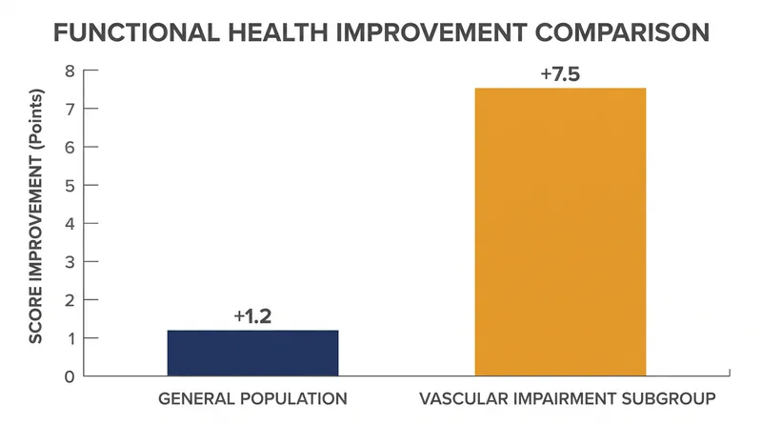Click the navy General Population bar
click(x=252, y=353)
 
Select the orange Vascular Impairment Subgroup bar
click(x=560, y=232)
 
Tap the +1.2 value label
click(x=252, y=316)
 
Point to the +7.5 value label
click(x=560, y=74)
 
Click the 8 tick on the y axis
click(x=70, y=71)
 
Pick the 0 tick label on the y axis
click(x=70, y=376)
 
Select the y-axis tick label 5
click(x=70, y=185)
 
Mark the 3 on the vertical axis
click(x=70, y=262)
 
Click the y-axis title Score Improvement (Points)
click(x=36, y=216)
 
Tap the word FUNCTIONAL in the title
click(x=136, y=32)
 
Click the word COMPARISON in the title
click(x=622, y=32)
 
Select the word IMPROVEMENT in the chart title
click(x=431, y=32)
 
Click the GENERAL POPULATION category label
click(x=252, y=398)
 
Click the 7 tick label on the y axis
click(x=70, y=109)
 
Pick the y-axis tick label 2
click(x=70, y=300)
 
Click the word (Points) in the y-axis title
click(x=36, y=120)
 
